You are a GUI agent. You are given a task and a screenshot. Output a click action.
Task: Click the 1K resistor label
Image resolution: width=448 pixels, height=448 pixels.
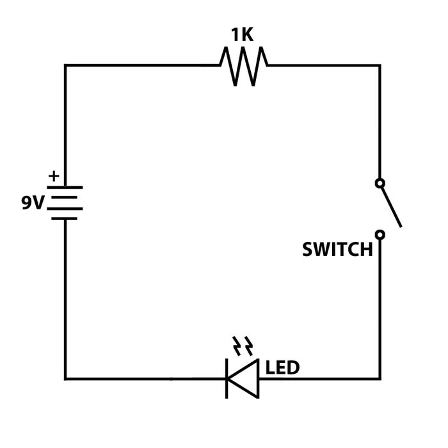(242, 35)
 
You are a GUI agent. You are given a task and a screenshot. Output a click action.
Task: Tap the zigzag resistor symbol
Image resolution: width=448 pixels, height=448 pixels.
(243, 65)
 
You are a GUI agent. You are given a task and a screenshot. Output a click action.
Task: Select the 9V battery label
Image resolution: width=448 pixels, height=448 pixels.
(33, 203)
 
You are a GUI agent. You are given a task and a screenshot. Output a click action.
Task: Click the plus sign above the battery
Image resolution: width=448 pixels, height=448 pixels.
(54, 175)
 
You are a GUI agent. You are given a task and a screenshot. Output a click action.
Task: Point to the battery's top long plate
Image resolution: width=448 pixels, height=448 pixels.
(65, 188)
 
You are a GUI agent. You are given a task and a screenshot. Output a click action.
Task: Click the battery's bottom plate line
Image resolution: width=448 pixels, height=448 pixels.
(64, 218)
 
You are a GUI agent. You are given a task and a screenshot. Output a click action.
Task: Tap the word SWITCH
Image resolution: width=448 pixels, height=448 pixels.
(337, 250)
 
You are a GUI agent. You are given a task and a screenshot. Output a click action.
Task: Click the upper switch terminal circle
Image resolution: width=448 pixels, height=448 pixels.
(380, 184)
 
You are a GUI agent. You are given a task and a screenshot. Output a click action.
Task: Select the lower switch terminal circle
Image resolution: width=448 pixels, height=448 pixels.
(380, 235)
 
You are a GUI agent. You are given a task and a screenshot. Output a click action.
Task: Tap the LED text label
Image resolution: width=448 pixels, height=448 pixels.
(282, 368)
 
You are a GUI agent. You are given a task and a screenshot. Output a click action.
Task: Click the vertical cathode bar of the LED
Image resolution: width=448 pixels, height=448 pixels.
(227, 378)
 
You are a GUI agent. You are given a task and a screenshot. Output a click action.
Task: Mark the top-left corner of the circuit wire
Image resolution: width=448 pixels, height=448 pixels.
(65, 65)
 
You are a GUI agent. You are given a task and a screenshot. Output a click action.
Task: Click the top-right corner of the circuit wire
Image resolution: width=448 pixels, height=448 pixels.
(380, 65)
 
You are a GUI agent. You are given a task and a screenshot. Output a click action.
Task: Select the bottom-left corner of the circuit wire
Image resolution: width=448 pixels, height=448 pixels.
(65, 378)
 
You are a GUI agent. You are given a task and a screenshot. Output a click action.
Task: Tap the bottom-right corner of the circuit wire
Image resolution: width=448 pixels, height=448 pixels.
(380, 378)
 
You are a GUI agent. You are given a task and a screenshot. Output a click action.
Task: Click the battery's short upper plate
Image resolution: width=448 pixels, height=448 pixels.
(64, 198)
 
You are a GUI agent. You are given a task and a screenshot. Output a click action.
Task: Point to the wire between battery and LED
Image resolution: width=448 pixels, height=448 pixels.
(141, 378)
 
